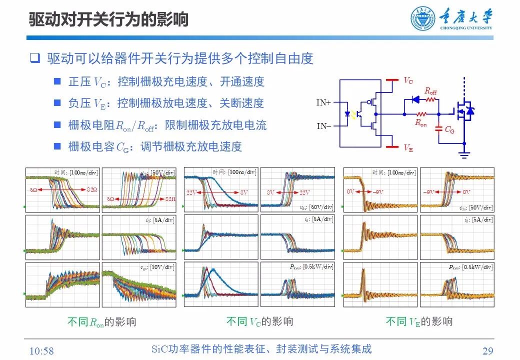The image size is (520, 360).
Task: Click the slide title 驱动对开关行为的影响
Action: pyautogui.click(x=108, y=19)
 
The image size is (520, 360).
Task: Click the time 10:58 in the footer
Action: pyautogui.click(x=41, y=350)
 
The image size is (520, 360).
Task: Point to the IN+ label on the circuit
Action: pyautogui.click(x=323, y=102)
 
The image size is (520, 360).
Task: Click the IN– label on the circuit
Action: pyautogui.click(x=323, y=126)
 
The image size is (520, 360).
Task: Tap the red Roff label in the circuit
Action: pyautogui.click(x=430, y=91)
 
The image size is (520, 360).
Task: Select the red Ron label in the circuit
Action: pyautogui.click(x=420, y=122)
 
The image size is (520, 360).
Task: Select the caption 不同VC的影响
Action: pyautogui.click(x=259, y=321)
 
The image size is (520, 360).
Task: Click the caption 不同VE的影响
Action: pyautogui.click(x=419, y=321)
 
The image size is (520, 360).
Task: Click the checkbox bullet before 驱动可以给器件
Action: pyautogui.click(x=34, y=58)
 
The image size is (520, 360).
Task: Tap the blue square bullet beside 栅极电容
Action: pyautogui.click(x=57, y=146)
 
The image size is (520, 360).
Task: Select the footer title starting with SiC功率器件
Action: pyautogui.click(x=261, y=349)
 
